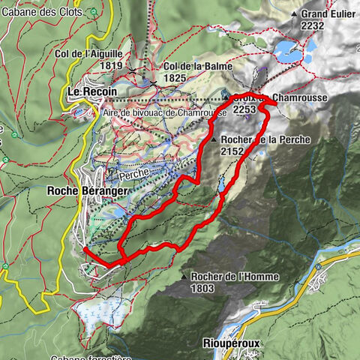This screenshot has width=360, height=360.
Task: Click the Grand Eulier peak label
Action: pos(328,13)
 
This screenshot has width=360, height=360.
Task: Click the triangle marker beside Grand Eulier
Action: pos(294,14)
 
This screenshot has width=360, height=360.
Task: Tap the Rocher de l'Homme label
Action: pos(235,277)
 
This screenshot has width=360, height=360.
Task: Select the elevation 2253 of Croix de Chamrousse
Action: pos(245,109)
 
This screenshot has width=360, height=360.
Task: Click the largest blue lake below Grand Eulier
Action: pos(288,51)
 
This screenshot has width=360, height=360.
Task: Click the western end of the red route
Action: pos(85,248)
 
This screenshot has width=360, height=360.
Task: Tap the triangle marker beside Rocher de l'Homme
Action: pos(184,277)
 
